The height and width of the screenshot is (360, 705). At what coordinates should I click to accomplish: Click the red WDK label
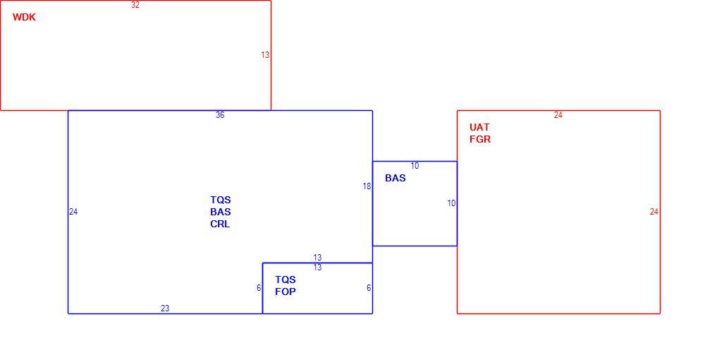(24, 18)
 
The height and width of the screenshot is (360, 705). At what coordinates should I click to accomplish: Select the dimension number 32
(135, 5)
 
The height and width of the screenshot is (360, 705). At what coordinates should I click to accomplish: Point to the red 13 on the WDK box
(265, 55)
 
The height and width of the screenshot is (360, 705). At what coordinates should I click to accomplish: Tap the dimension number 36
(220, 115)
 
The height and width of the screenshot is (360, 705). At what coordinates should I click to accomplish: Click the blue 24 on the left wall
(73, 212)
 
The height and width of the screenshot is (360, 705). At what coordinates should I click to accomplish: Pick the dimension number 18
(367, 186)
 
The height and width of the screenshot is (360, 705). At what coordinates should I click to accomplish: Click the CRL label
(220, 224)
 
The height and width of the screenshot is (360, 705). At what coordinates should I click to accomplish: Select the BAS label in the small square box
(396, 178)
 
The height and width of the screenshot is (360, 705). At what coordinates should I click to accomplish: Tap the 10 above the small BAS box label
(415, 166)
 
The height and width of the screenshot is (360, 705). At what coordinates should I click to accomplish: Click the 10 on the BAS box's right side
(451, 203)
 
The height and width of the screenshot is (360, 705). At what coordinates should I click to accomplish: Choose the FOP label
(286, 292)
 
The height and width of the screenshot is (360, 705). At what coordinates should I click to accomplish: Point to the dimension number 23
(165, 308)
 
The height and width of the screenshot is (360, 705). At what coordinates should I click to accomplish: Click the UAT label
(479, 127)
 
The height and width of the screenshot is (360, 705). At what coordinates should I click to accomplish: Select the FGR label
(480, 140)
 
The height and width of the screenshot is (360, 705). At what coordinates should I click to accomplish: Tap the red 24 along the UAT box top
(558, 115)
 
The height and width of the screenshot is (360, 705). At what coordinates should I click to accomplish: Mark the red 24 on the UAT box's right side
(654, 212)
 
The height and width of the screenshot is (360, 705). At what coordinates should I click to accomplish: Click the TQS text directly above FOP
(286, 280)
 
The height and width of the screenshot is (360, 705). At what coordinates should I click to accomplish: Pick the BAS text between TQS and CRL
(220, 212)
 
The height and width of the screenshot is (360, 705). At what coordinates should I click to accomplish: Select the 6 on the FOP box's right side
(369, 288)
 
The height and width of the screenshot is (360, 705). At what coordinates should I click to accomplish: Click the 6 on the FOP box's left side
(259, 288)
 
